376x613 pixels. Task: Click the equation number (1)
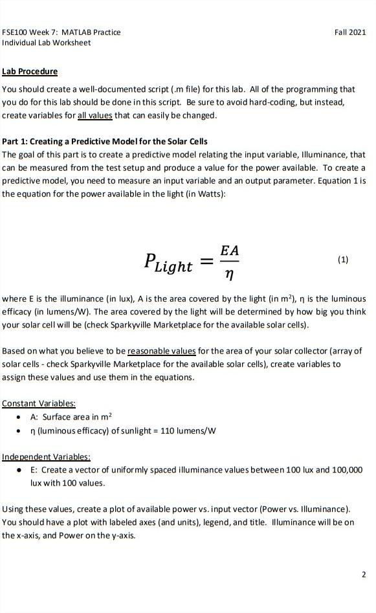pyautogui.click(x=343, y=260)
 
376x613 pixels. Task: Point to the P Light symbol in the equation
pyautogui.click(x=168, y=263)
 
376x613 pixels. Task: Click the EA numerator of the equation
pyautogui.click(x=229, y=249)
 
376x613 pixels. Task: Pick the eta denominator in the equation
pyautogui.click(x=229, y=274)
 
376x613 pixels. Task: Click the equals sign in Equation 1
pyautogui.click(x=206, y=262)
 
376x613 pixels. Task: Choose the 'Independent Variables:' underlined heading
pyautogui.click(x=47, y=457)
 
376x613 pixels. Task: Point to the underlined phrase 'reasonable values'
pyautogui.click(x=162, y=351)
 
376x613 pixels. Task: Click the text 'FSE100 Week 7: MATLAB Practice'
pyautogui.click(x=61, y=32)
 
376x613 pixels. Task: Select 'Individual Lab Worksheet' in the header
pyautogui.click(x=47, y=43)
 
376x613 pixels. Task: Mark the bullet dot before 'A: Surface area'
pyautogui.click(x=21, y=418)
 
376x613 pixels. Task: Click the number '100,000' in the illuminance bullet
pyautogui.click(x=348, y=469)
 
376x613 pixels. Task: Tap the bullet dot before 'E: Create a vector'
pyautogui.click(x=21, y=470)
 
